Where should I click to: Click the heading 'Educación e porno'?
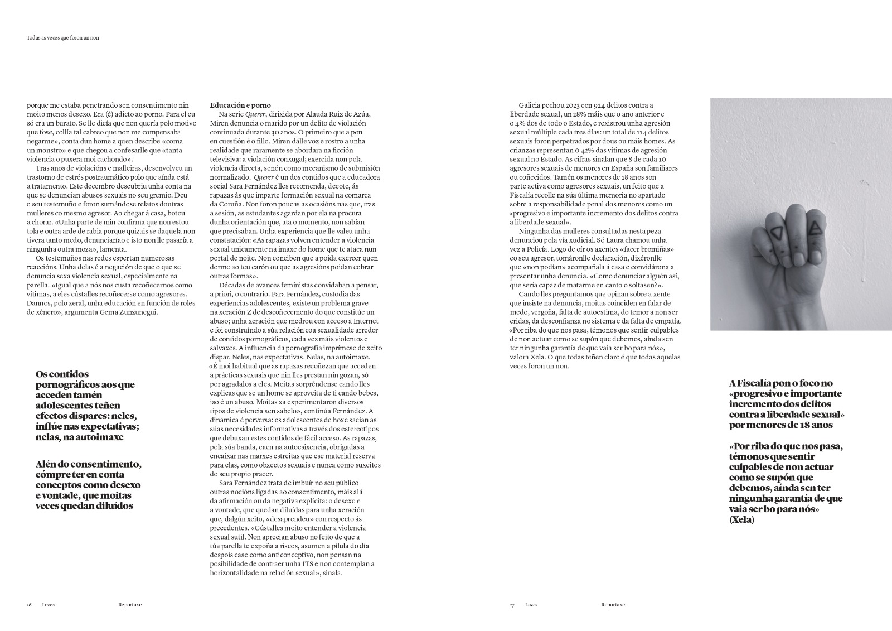click(240, 105)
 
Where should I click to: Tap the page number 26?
click(29, 605)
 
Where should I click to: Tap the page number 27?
click(512, 605)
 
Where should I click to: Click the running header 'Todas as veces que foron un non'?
click(66, 38)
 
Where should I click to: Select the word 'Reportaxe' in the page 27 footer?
click(613, 605)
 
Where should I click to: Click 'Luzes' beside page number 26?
click(48, 605)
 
